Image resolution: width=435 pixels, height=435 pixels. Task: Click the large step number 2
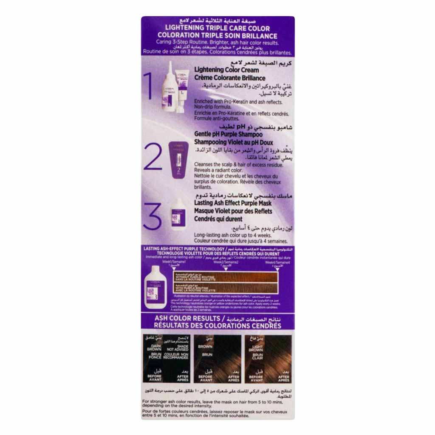click(x=153, y=156)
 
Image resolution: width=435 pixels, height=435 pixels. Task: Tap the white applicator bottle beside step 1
click(x=169, y=87)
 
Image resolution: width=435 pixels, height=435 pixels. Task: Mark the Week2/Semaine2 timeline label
click(x=225, y=263)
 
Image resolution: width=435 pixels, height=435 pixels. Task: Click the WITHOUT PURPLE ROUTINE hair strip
click(x=225, y=277)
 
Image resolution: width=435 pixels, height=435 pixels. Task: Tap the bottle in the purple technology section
click(x=156, y=285)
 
